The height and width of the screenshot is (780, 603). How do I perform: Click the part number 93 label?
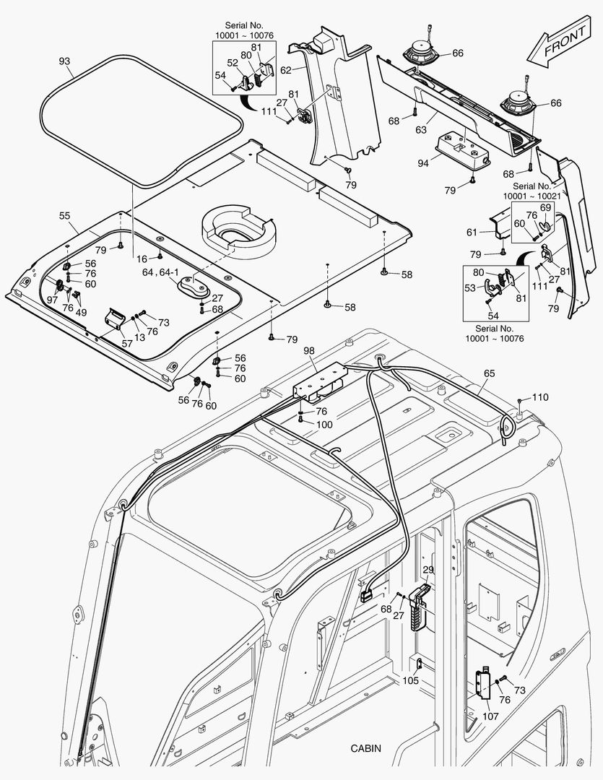pyautogui.click(x=64, y=61)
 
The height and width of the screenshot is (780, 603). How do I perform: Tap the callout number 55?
pyautogui.click(x=64, y=215)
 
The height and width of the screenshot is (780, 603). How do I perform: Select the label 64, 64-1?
pyautogui.click(x=158, y=272)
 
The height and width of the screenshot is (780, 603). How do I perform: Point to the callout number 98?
pyautogui.click(x=309, y=350)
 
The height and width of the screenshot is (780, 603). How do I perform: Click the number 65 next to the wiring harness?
pyautogui.click(x=489, y=374)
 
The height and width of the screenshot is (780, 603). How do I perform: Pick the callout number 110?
pyautogui.click(x=540, y=397)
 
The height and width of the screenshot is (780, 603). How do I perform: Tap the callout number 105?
pyautogui.click(x=410, y=681)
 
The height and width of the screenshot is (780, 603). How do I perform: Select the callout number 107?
pyautogui.click(x=490, y=717)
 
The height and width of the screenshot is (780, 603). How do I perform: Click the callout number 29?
pyautogui.click(x=428, y=571)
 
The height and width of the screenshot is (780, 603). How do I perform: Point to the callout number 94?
pyautogui.click(x=422, y=163)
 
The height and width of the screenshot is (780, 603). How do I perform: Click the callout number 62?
pyautogui.click(x=285, y=70)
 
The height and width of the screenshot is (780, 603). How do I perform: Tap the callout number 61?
pyautogui.click(x=472, y=232)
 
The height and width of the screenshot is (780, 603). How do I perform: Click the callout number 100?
pyautogui.click(x=324, y=425)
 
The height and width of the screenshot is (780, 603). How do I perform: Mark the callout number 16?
pyautogui.click(x=142, y=258)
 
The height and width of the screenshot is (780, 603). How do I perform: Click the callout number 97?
pyautogui.click(x=51, y=300)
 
